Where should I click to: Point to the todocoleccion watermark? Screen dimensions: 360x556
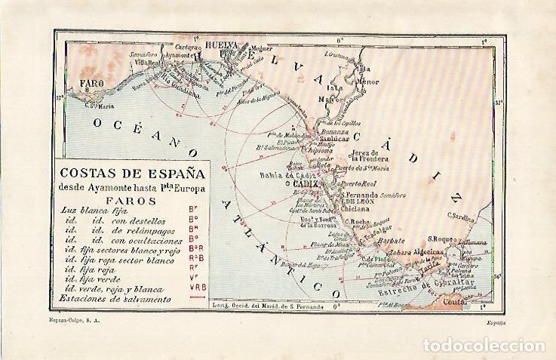click(483, 346)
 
